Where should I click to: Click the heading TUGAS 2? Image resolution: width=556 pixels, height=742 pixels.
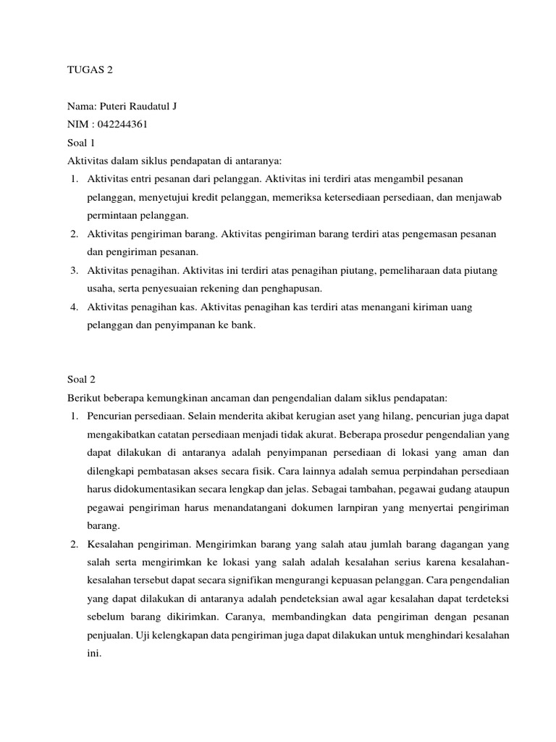(x=90, y=70)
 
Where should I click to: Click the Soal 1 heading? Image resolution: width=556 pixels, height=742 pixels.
(x=81, y=142)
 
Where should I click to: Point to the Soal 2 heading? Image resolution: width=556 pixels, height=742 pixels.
(x=81, y=379)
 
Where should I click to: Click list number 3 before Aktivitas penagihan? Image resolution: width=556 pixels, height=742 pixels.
(x=74, y=270)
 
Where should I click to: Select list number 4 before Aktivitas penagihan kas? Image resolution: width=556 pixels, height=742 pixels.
(x=74, y=307)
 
